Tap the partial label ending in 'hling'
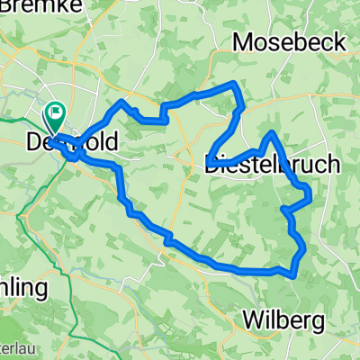[22, 263]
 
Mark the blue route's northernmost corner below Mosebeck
[236, 84]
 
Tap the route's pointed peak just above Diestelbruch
[270, 133]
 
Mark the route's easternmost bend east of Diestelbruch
[309, 191]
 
